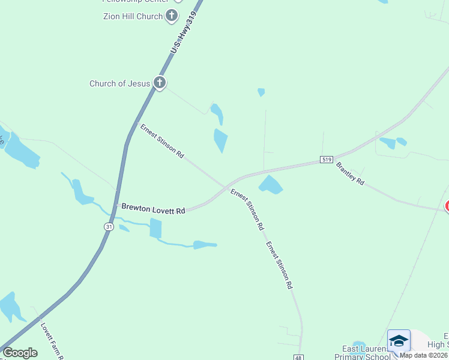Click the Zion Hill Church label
[x=133, y=16]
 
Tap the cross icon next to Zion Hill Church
[x=172, y=16]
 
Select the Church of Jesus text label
[x=119, y=83]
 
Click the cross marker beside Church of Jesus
[x=159, y=83]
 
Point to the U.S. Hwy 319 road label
[x=182, y=33]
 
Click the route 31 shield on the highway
[x=109, y=226]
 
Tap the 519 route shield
[x=326, y=160]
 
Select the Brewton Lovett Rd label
[x=152, y=209]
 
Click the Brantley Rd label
[x=350, y=173]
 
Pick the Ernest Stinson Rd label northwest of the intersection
[x=161, y=141]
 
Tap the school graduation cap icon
[x=399, y=341]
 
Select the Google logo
[x=20, y=353]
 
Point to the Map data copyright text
[x=424, y=355]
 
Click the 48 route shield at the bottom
[x=298, y=357]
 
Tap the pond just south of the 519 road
[x=270, y=185]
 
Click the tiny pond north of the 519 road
[x=261, y=92]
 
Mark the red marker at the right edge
[x=447, y=206]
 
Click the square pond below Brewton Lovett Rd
[x=155, y=228]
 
